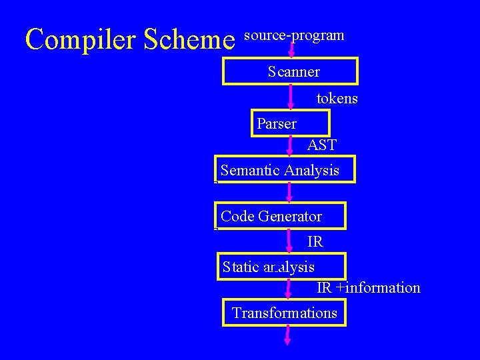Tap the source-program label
point(294,35)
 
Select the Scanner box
point(290,71)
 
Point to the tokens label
point(337,99)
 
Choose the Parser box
point(290,123)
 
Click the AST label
point(322,145)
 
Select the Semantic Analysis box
point(285,169)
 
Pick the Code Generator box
point(280,216)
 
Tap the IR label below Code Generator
point(315,241)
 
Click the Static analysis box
point(282,267)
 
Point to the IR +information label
point(368,288)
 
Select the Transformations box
point(284,313)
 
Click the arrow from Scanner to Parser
point(291,97)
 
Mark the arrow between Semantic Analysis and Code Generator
point(289,193)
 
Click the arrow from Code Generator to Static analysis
point(289,241)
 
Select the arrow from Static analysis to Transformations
point(288,289)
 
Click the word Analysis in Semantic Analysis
point(311,171)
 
